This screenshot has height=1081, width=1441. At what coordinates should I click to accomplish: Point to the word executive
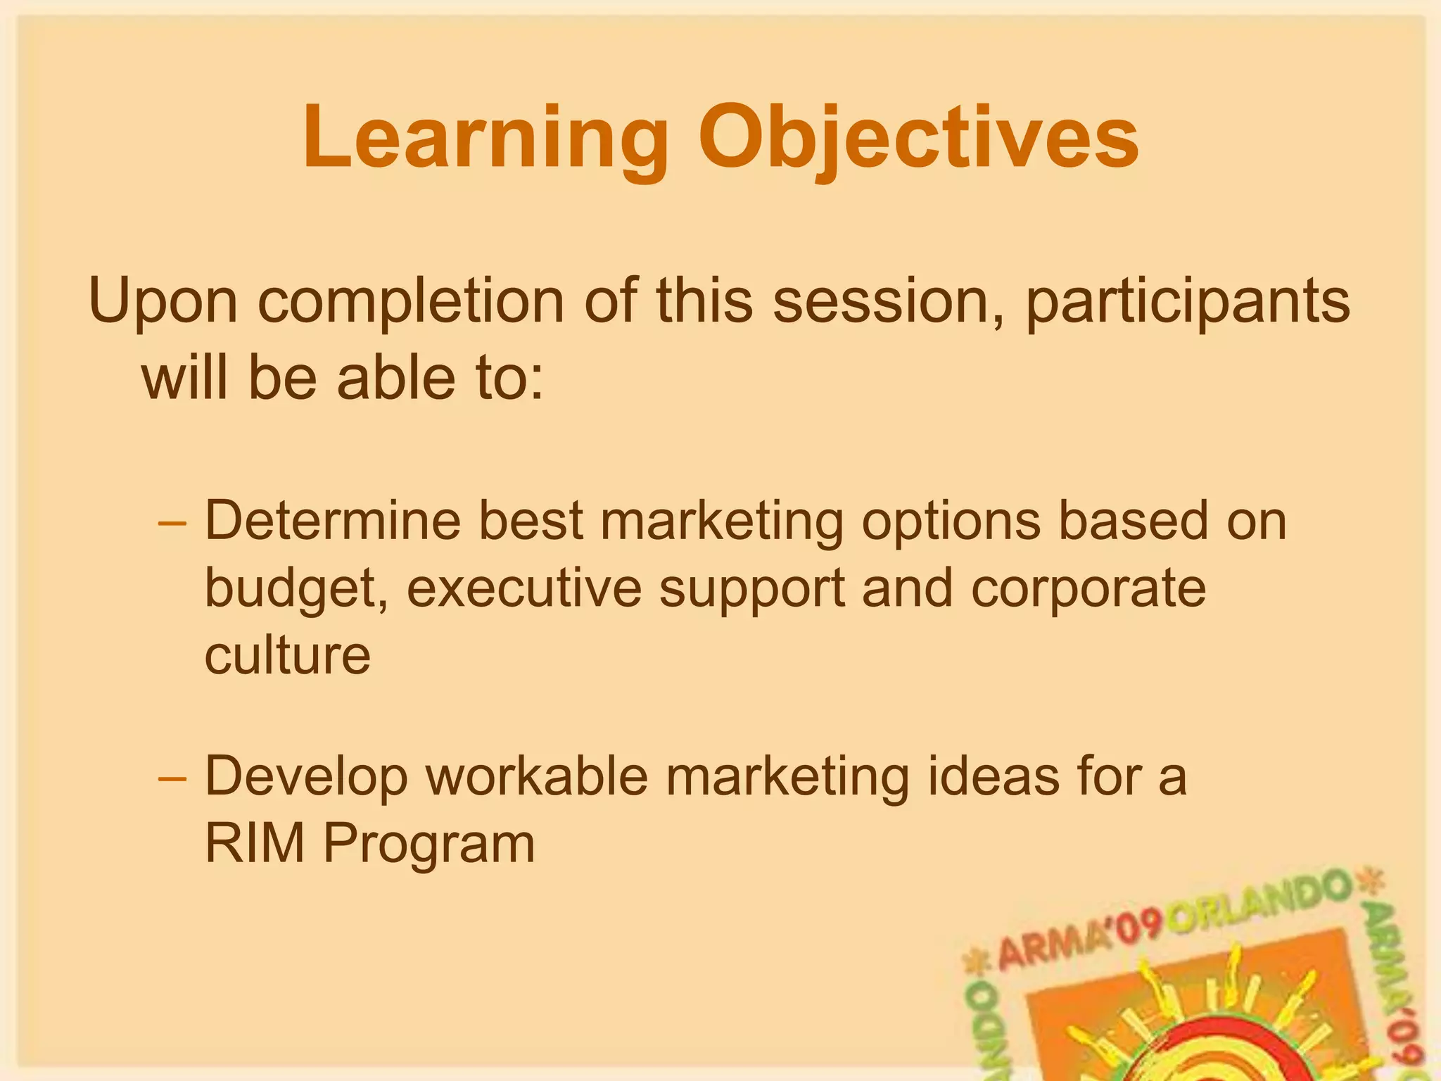523,588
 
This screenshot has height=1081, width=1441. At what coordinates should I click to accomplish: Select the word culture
287,655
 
